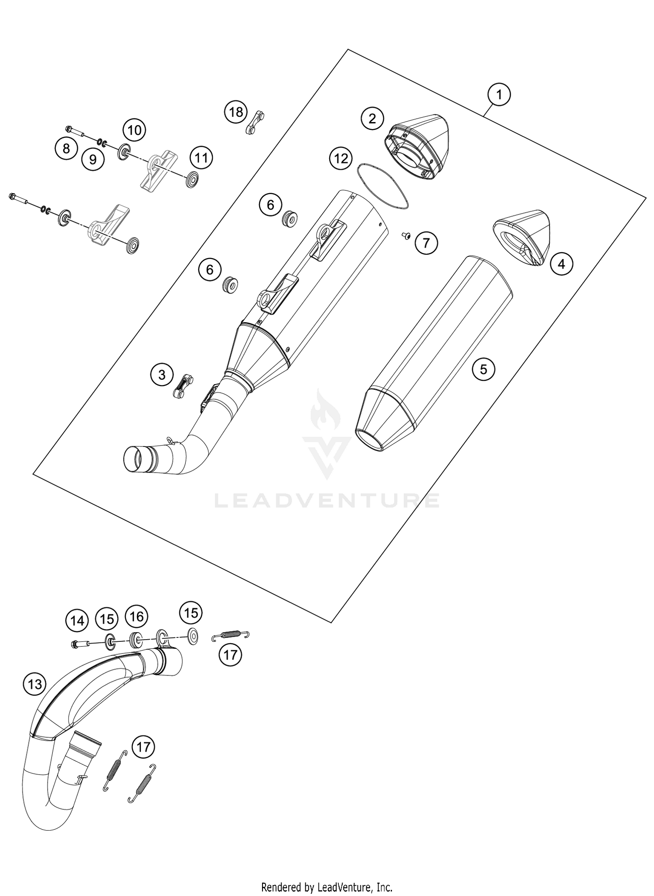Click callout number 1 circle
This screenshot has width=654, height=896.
(499, 94)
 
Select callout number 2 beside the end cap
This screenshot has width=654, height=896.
(372, 118)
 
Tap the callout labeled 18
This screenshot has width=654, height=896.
(236, 112)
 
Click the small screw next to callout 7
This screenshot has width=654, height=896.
(405, 235)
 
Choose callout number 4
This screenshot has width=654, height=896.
(562, 264)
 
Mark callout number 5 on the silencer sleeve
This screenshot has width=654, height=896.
(483, 369)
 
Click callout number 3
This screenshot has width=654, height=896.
(162, 375)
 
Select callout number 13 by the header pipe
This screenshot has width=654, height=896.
(34, 684)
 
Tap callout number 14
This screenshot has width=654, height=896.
(77, 620)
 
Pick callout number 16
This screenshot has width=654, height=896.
(136, 616)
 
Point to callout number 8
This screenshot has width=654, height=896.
(66, 148)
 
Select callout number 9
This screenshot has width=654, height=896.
(93, 159)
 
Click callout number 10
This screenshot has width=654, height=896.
(134, 129)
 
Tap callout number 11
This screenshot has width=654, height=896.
(201, 157)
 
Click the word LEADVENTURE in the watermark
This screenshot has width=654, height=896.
(327, 500)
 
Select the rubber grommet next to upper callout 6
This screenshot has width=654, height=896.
(290, 218)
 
